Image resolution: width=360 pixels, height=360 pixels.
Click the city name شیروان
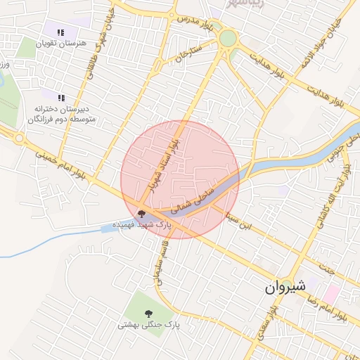(x=285, y=287)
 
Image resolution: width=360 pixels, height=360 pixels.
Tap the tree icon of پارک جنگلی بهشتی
(x=148, y=313)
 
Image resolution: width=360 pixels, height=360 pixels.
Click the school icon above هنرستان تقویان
(x=60, y=32)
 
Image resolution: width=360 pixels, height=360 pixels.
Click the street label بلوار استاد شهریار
(x=163, y=165)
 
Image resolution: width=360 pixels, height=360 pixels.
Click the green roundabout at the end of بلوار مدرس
(x=228, y=38)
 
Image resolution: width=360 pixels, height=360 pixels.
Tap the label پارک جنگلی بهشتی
(x=148, y=326)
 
